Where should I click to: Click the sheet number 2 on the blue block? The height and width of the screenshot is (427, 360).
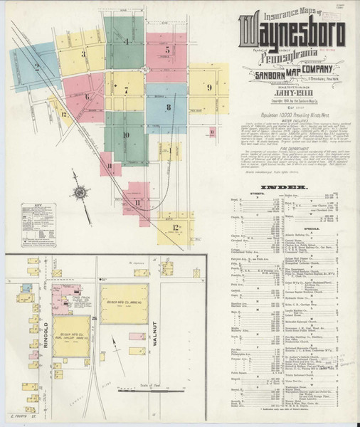[x=36, y=68]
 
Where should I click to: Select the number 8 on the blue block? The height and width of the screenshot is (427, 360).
[x=168, y=107]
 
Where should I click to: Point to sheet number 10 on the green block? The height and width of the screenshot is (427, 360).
[x=126, y=135]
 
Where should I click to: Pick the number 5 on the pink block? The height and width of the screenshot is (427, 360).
[x=167, y=50]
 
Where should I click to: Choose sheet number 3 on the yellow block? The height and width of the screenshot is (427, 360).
[x=83, y=53]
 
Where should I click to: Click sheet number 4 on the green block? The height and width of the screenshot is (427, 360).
[x=127, y=41]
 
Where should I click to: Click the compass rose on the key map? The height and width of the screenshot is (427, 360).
[x=80, y=192]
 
